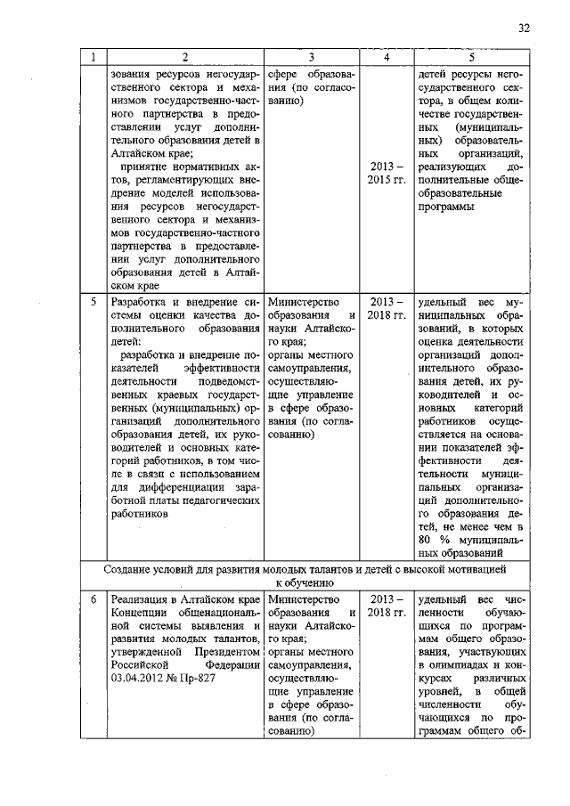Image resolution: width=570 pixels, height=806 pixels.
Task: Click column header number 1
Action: coord(93,58)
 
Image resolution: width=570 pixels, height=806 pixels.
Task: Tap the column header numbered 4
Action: coord(386,58)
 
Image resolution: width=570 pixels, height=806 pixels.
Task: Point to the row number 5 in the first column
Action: coord(93,302)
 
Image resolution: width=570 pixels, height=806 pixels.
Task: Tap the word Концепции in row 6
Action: coord(136,615)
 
